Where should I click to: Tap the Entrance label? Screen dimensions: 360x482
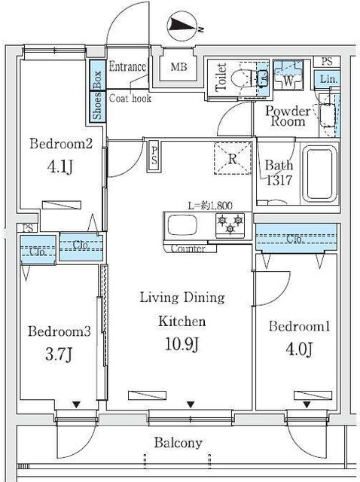127,67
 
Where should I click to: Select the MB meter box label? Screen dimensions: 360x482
179,66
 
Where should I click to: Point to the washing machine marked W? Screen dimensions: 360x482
288,75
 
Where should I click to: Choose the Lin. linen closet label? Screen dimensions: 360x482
328,80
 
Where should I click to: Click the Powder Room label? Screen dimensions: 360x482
288,116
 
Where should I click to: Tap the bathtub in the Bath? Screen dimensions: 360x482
320,174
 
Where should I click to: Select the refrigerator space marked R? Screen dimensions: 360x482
233,159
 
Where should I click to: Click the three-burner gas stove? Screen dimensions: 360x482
230,225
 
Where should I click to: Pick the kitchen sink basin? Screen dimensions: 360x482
182,226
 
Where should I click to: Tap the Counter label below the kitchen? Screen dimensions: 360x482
188,249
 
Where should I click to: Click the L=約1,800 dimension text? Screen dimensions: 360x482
210,205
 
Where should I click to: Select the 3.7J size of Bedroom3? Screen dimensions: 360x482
59,355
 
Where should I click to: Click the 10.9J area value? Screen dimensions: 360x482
182,344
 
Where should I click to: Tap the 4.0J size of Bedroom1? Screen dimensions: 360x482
299,349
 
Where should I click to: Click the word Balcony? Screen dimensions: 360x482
178,443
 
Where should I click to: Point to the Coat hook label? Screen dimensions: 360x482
130,98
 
